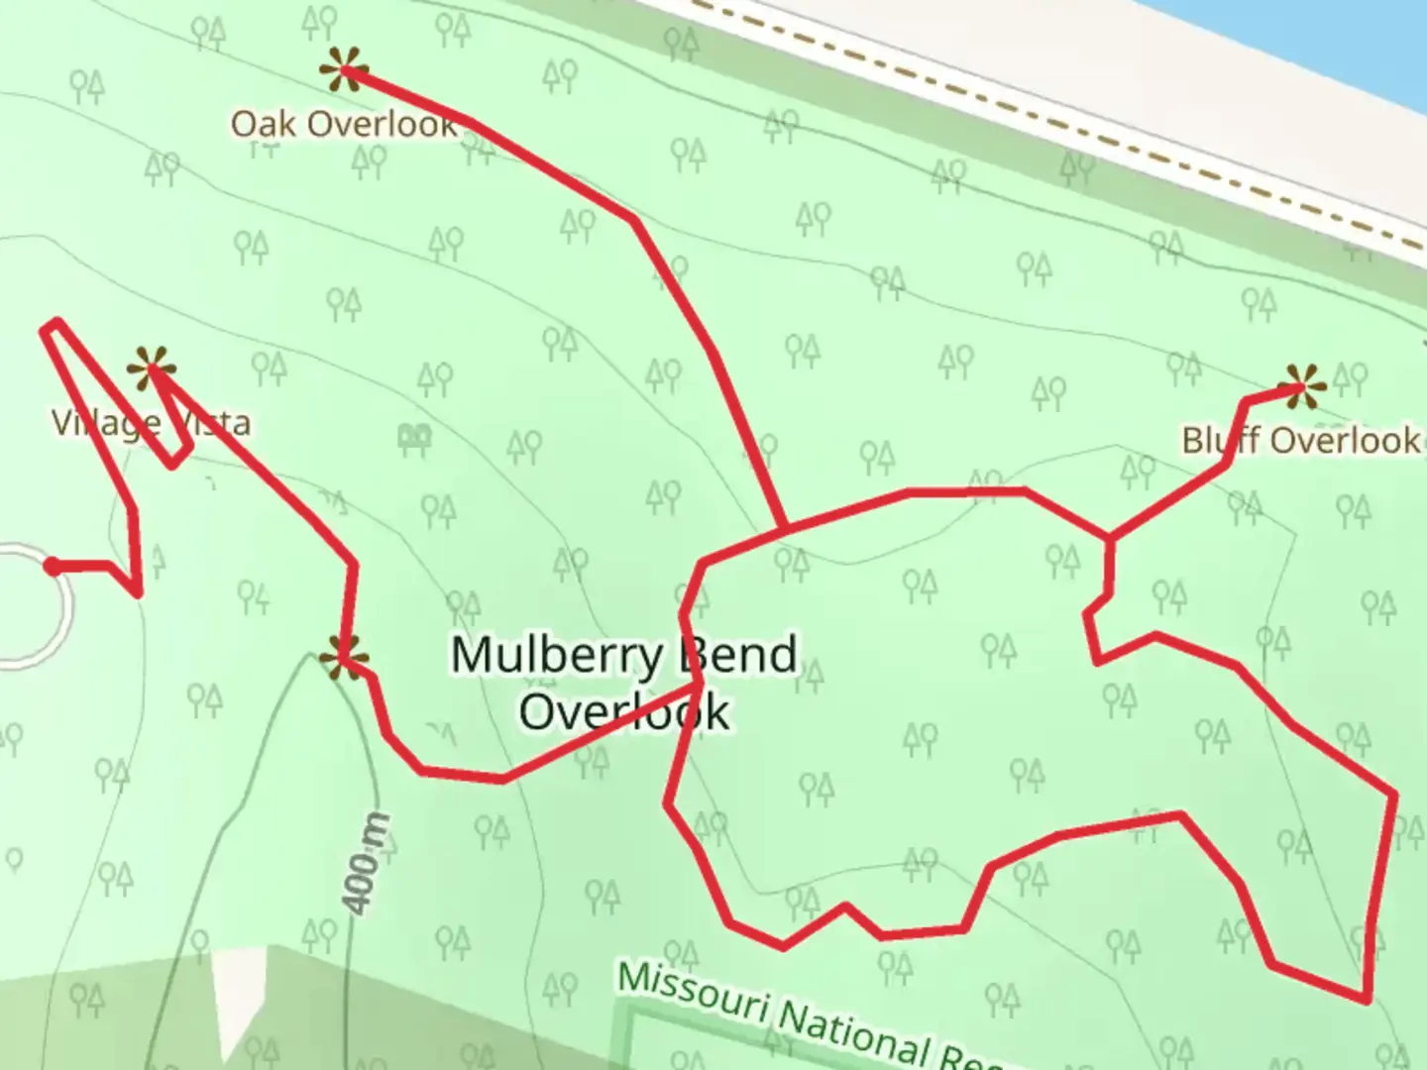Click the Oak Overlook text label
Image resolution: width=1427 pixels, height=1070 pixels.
pyautogui.click(x=344, y=125)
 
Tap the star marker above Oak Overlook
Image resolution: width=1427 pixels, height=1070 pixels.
pyautogui.click(x=343, y=69)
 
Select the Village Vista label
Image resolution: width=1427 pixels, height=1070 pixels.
pyautogui.click(x=151, y=424)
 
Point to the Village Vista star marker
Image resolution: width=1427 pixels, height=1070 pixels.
pyautogui.click(x=152, y=370)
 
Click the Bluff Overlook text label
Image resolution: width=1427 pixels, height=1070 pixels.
pyautogui.click(x=1300, y=440)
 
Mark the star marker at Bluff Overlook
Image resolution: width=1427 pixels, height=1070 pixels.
pyautogui.click(x=1300, y=386)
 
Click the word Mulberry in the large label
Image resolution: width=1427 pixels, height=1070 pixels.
pyautogui.click(x=556, y=655)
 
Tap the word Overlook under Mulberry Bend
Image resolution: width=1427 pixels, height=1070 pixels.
pyautogui.click(x=624, y=711)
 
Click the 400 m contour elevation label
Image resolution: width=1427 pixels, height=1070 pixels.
pyautogui.click(x=365, y=863)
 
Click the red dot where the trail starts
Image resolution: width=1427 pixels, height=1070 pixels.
pyautogui.click(x=52, y=566)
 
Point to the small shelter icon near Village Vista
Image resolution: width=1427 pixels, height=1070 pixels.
pyautogui.click(x=414, y=436)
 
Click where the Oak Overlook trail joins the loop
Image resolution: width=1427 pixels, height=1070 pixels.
pyautogui.click(x=786, y=529)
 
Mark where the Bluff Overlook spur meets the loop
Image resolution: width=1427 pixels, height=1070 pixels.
pyautogui.click(x=1110, y=539)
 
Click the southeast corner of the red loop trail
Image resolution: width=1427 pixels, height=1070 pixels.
pyautogui.click(x=1367, y=999)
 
